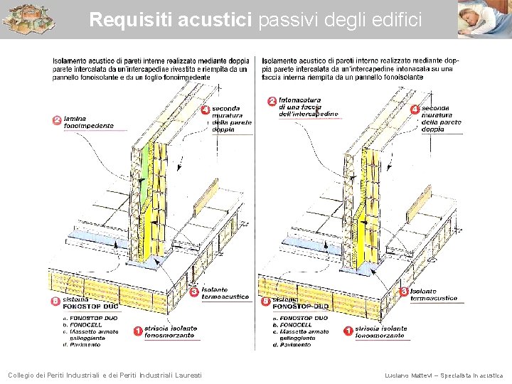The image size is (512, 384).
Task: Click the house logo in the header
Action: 28,19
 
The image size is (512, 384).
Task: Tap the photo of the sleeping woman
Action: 484,19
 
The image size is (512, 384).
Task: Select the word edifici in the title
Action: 395,20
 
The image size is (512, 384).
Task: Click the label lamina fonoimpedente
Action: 88,122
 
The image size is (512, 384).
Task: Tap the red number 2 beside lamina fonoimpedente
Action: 57,120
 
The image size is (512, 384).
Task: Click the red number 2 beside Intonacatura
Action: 271,101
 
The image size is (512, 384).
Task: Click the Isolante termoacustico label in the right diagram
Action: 433,295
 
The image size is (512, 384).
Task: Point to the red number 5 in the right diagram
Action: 266,302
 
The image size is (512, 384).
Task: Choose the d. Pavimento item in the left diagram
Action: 82,345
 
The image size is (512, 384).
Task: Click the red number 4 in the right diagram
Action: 415,110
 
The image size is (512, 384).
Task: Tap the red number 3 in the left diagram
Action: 194,292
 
